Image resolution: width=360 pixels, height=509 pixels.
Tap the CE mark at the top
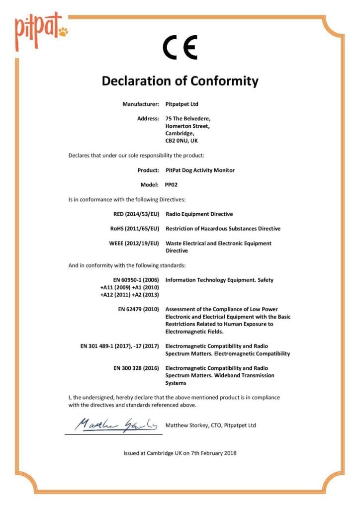180,48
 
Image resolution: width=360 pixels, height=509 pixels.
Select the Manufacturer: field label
141,104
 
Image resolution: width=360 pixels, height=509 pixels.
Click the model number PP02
172,184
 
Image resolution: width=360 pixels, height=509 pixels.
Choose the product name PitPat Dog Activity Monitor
200,170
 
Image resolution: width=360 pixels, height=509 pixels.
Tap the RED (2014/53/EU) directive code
136,214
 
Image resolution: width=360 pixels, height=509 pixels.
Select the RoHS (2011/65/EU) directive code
135,229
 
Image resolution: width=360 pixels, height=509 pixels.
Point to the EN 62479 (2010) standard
138,309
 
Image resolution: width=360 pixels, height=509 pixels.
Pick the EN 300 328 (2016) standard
136,368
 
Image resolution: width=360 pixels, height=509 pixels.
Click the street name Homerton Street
187,126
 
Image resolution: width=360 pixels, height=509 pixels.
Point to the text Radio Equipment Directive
199,214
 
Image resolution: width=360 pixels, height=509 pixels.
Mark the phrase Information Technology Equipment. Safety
219,280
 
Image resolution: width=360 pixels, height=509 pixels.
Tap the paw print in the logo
63,32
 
